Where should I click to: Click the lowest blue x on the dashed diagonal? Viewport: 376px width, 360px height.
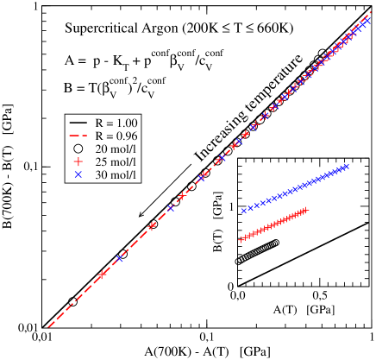(x=120, y=258)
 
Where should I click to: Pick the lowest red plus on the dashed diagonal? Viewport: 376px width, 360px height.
(x=102, y=275)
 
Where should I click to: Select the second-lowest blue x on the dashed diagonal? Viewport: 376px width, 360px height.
(x=170, y=209)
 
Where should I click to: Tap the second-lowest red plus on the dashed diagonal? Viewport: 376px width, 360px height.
(x=152, y=227)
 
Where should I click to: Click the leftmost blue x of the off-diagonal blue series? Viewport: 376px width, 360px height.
(x=244, y=210)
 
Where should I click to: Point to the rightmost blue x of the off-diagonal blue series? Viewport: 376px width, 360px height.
(x=347, y=167)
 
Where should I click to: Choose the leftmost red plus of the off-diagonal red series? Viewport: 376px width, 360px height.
(x=241, y=239)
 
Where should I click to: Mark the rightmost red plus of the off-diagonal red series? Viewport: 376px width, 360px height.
(x=305, y=210)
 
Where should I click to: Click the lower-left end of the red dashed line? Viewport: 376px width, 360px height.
(x=48, y=327)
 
